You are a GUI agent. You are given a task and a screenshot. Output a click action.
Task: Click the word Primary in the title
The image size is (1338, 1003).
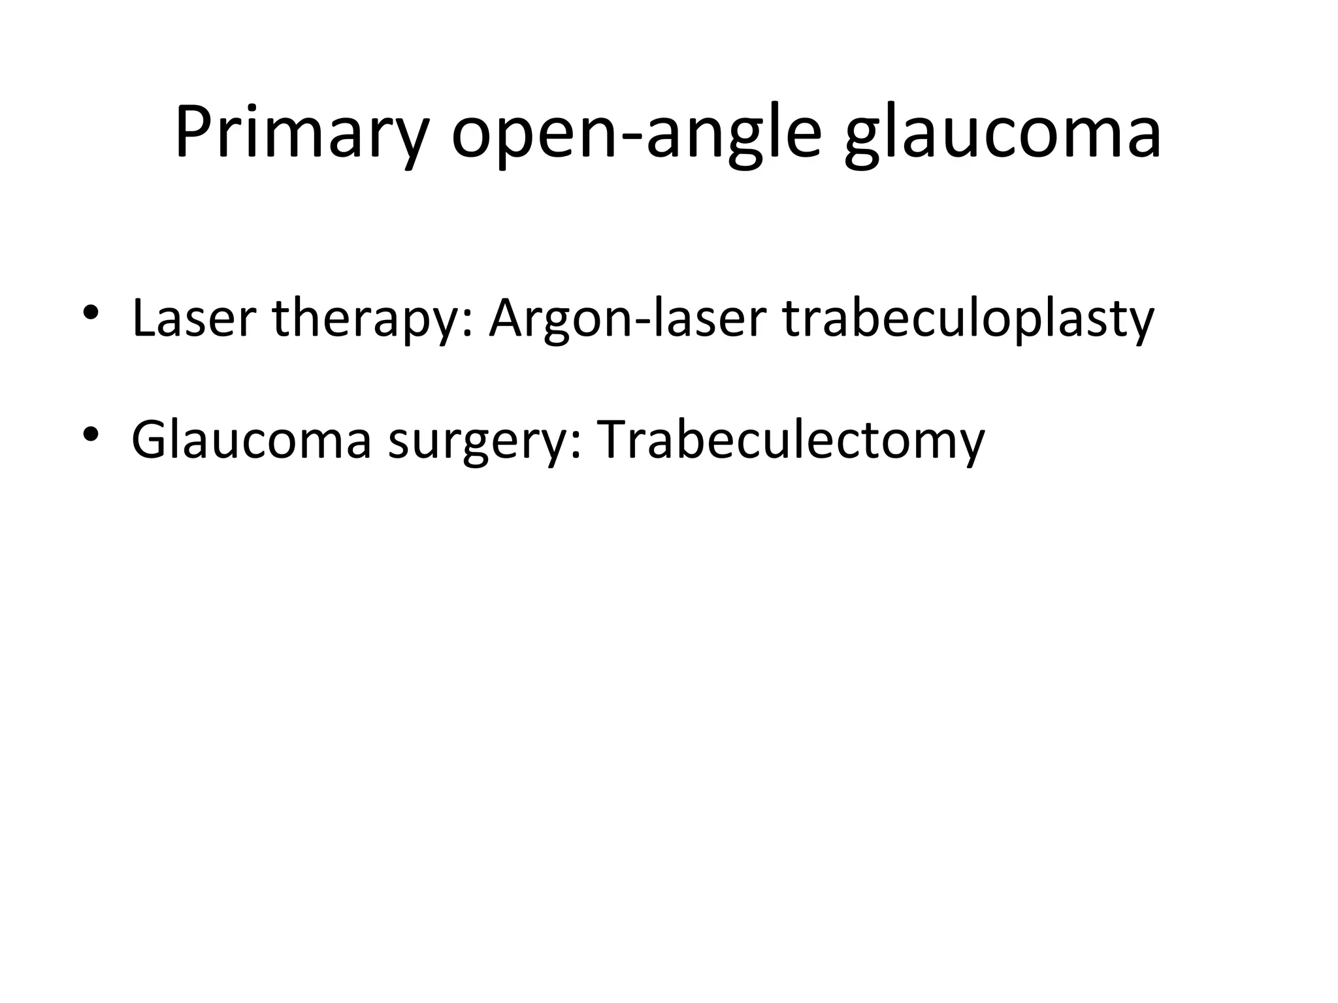301,134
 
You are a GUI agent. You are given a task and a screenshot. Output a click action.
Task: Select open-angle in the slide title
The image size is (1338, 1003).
636,134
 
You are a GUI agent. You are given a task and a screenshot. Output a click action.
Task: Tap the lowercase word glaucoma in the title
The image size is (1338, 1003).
1003,134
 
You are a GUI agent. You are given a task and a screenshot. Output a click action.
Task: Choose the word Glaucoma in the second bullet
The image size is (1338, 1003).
252,439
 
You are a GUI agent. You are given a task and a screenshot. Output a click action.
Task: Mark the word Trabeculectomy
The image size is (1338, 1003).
790,439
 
